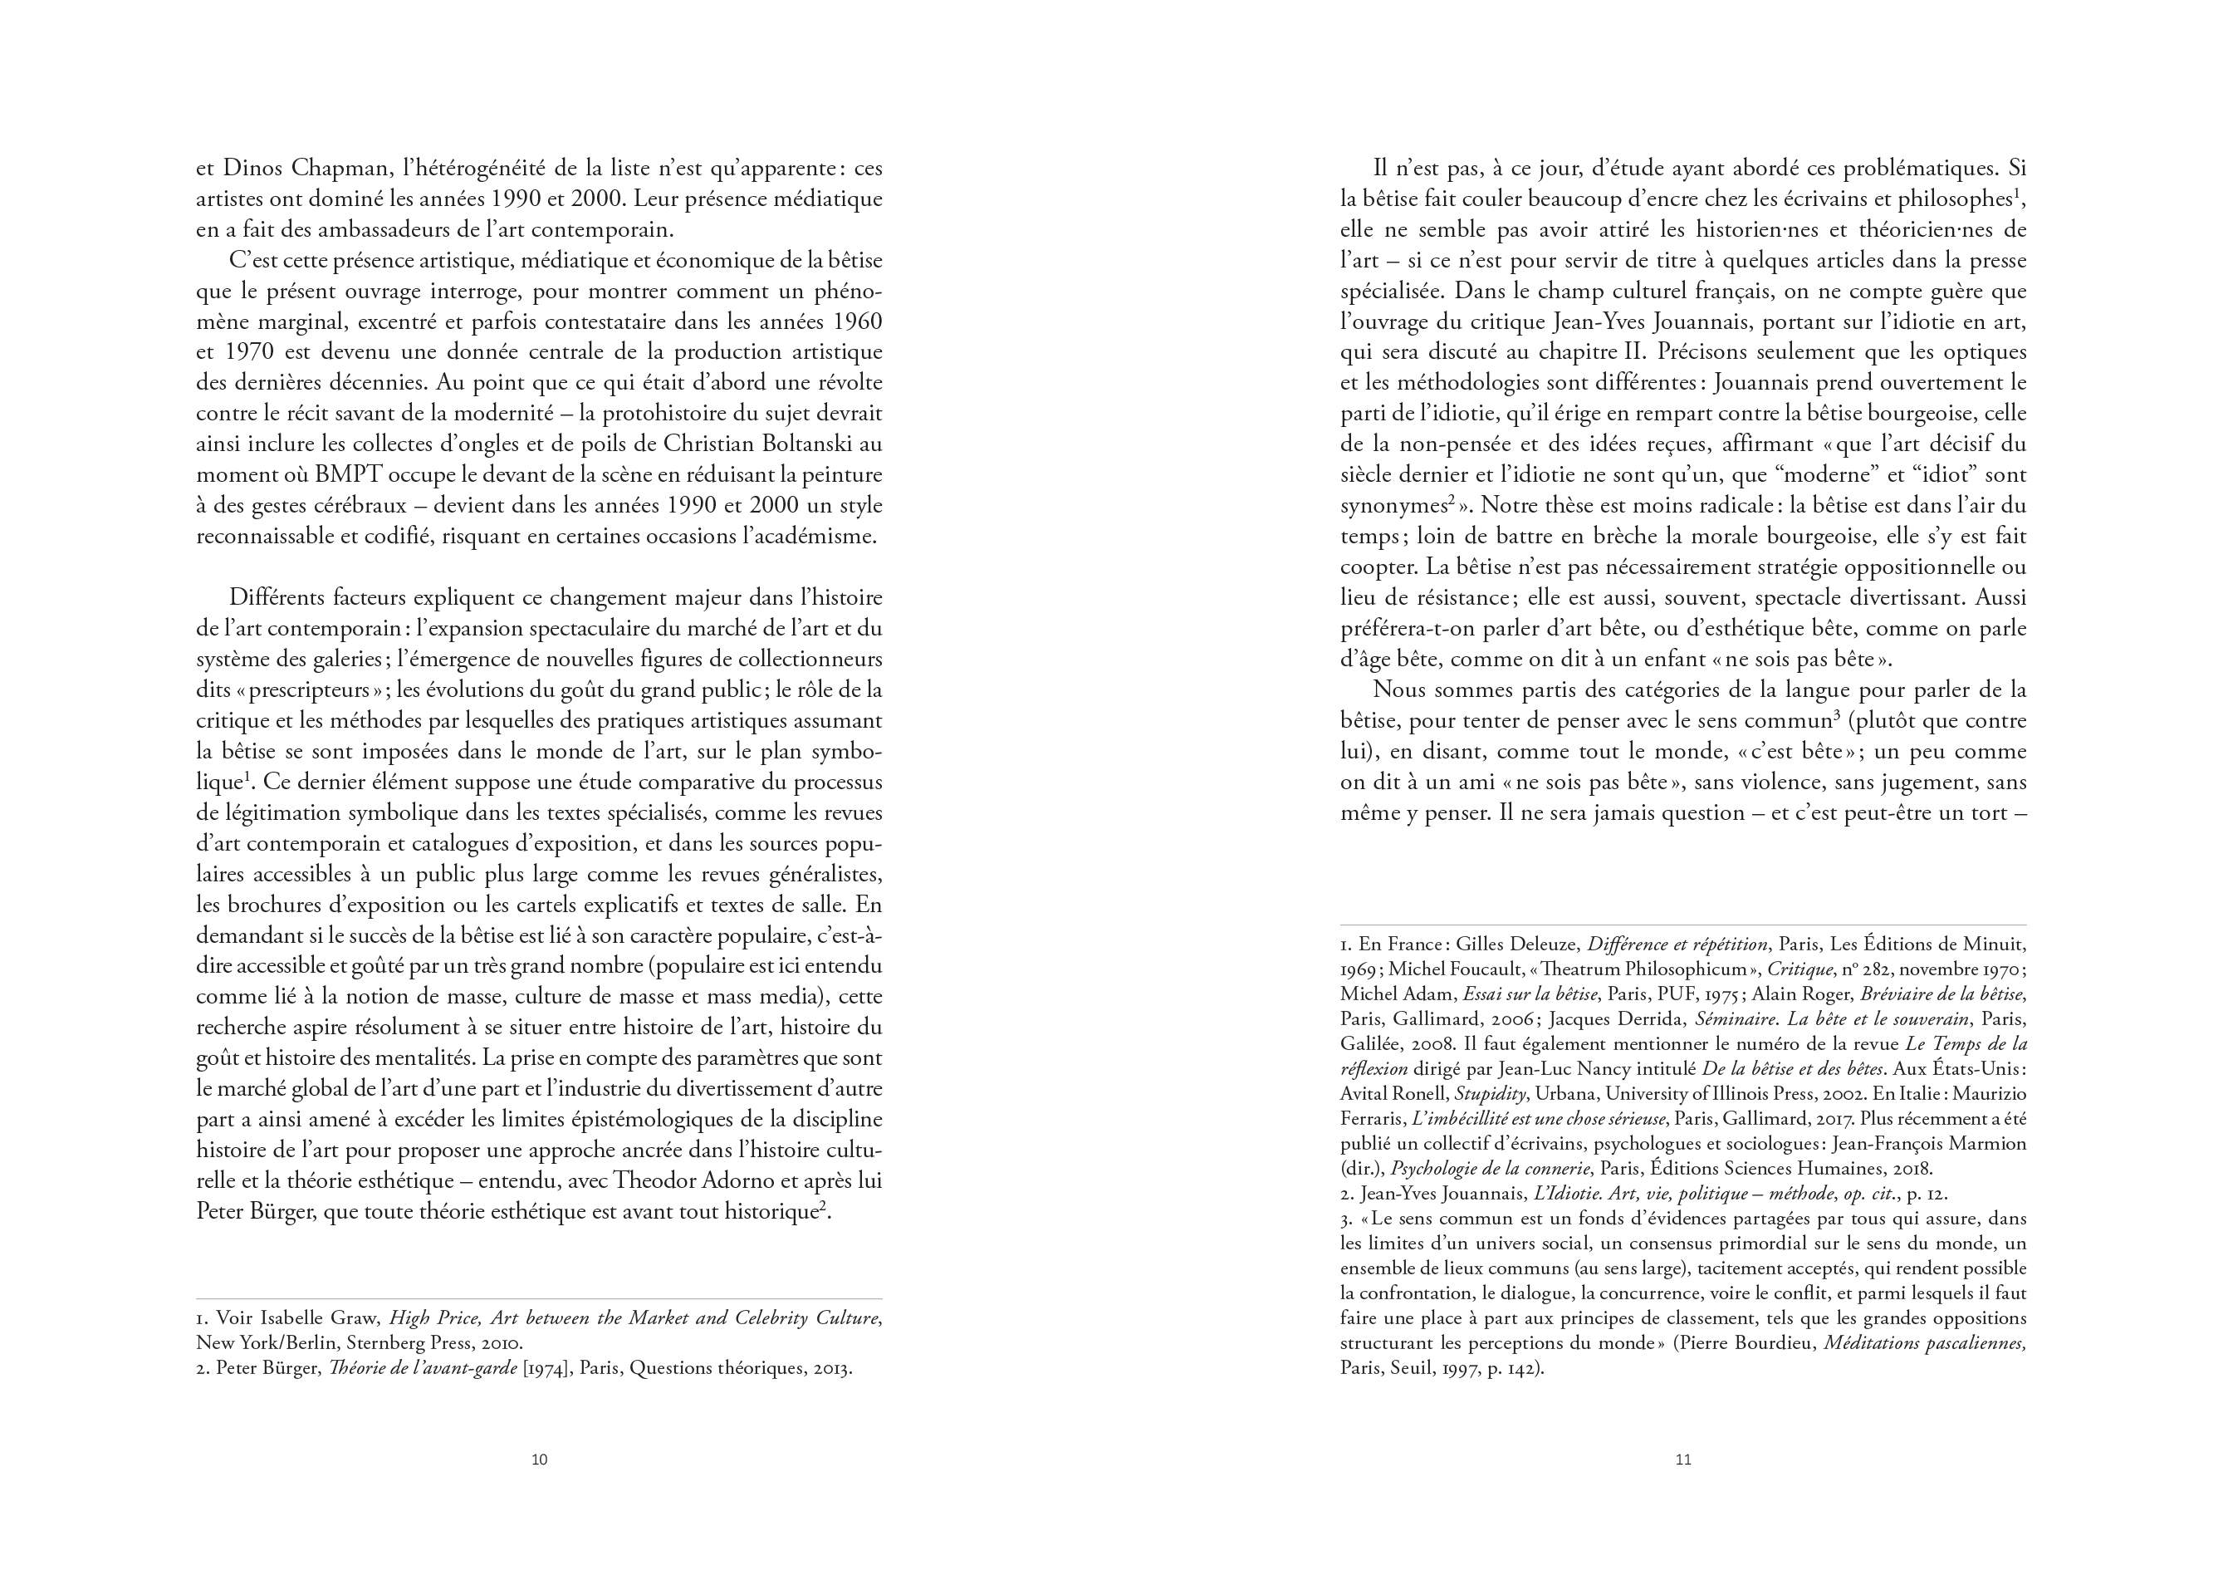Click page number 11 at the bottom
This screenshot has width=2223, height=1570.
(x=1682, y=1460)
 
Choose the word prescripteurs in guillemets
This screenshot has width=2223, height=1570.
(x=315, y=690)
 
